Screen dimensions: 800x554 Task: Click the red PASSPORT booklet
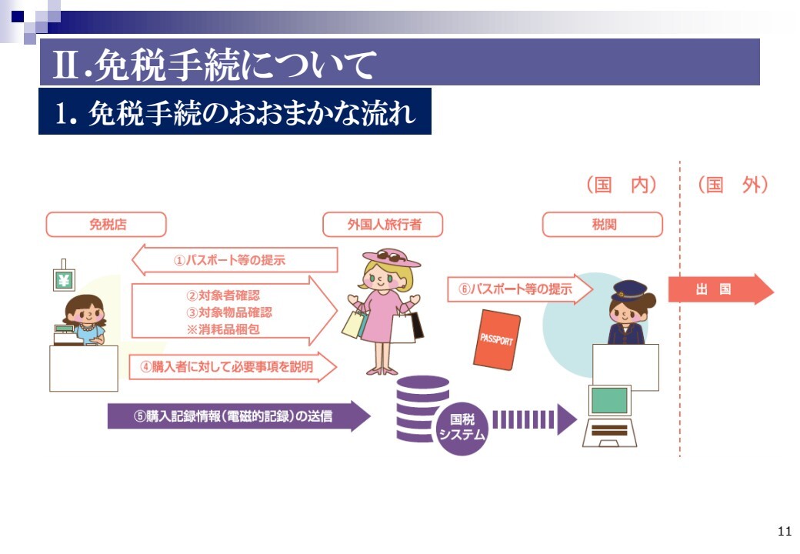[x=496, y=339]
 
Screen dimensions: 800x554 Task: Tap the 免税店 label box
[x=106, y=225]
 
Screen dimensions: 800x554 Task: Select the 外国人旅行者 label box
[x=382, y=225]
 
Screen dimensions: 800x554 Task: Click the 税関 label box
[x=602, y=225]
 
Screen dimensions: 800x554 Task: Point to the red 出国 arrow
[x=721, y=289]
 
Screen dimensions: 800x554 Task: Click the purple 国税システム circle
[x=462, y=428]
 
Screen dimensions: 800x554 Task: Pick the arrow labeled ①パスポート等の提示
[x=235, y=260]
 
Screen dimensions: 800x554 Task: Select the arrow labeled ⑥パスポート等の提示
[x=520, y=289]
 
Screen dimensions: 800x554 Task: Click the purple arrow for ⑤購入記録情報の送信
[x=238, y=416]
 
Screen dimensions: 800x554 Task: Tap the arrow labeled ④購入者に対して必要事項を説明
[x=232, y=367]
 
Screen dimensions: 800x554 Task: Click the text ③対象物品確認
[x=229, y=312]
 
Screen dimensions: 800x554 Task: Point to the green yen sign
[x=64, y=280]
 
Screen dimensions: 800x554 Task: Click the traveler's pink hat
[x=392, y=258]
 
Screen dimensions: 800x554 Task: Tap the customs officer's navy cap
[x=629, y=290]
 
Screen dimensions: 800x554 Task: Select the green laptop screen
[x=609, y=400]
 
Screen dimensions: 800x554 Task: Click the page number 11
[x=785, y=531]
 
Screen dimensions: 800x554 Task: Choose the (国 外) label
[x=732, y=185]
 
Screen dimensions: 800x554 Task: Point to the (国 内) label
[x=621, y=185]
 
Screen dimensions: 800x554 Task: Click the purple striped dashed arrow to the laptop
[x=535, y=419]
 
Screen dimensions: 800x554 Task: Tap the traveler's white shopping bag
[x=403, y=328]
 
